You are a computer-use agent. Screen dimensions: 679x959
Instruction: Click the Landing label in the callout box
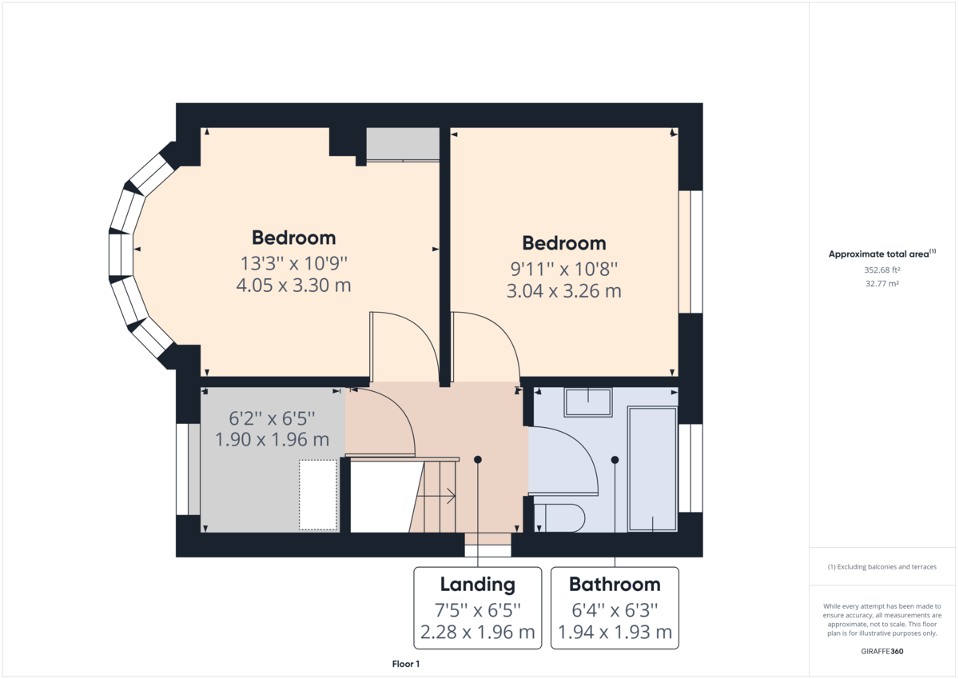pyautogui.click(x=478, y=584)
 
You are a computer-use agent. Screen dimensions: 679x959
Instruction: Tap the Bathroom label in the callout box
pyautogui.click(x=615, y=584)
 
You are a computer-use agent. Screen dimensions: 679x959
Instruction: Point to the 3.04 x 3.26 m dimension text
pyautogui.click(x=564, y=290)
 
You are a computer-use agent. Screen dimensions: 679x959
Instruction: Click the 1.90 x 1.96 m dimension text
pyautogui.click(x=272, y=439)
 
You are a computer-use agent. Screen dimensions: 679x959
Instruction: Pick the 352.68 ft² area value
pyautogui.click(x=882, y=270)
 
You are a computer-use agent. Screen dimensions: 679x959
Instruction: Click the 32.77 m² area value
pyautogui.click(x=882, y=283)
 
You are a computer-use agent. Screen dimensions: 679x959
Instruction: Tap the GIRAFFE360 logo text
pyautogui.click(x=882, y=651)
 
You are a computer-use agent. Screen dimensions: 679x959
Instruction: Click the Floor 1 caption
pyautogui.click(x=406, y=664)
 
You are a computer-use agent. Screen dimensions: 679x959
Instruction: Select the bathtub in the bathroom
pyautogui.click(x=652, y=468)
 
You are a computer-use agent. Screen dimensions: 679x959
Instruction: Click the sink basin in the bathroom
pyautogui.click(x=588, y=402)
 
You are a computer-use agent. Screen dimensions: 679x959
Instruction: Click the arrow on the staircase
pyautogui.click(x=449, y=497)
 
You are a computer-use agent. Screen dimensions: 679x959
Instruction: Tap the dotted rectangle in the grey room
pyautogui.click(x=318, y=494)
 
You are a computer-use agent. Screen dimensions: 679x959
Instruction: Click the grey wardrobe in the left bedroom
pyautogui.click(x=403, y=143)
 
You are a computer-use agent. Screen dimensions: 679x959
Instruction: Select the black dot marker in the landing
pyautogui.click(x=478, y=459)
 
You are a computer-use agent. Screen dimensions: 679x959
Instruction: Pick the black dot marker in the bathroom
pyautogui.click(x=615, y=459)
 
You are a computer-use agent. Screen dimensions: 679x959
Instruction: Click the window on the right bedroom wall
pyautogui.click(x=690, y=251)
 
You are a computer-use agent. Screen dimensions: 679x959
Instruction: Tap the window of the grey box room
pyautogui.click(x=188, y=469)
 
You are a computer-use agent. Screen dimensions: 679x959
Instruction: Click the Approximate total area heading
pyautogui.click(x=882, y=254)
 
